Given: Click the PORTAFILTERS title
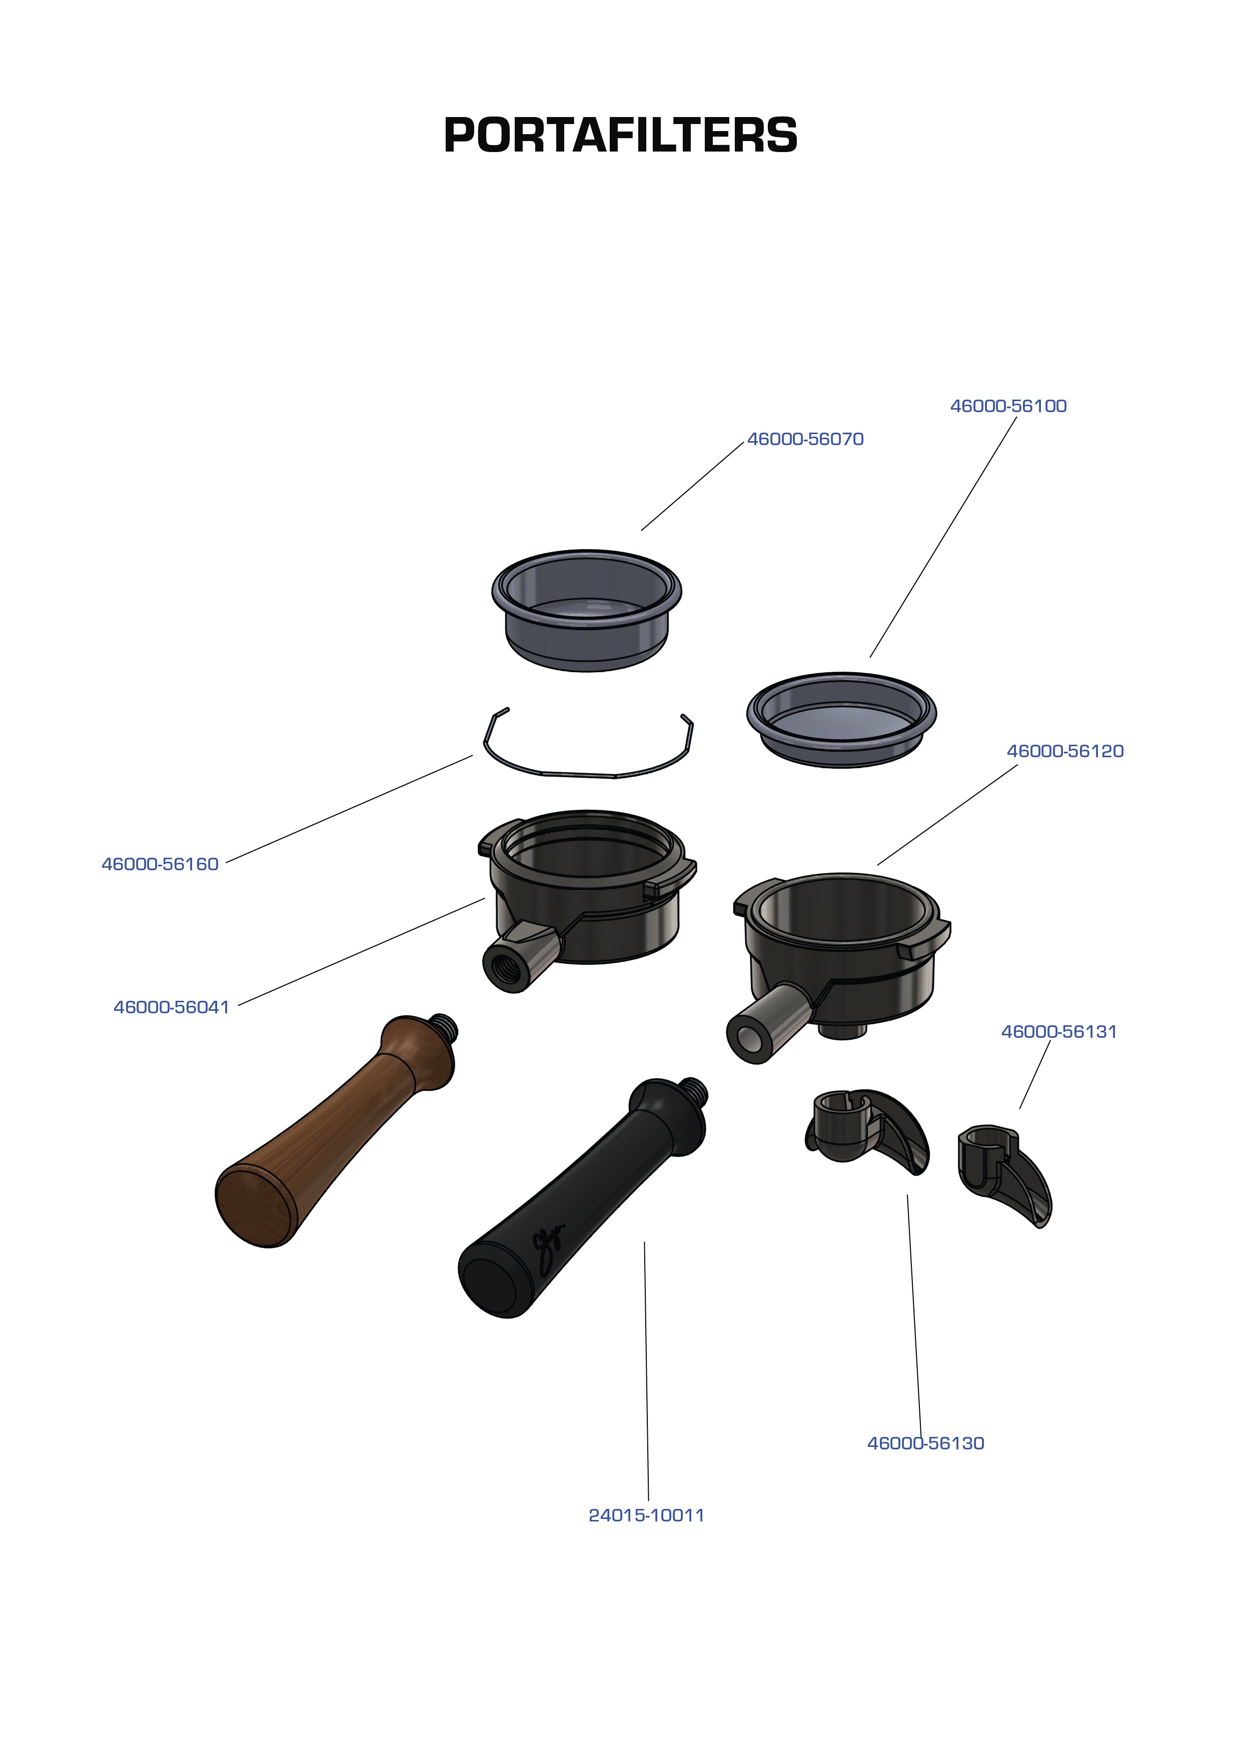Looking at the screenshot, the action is click(x=620, y=136).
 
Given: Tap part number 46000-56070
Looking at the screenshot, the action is click(x=805, y=439).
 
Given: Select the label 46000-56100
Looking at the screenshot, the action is click(x=1008, y=406).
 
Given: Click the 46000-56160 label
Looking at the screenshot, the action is click(x=160, y=864).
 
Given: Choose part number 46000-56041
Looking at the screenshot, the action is click(x=171, y=1007).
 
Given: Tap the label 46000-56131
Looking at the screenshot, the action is click(x=1059, y=1032).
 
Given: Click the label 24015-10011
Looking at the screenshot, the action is click(x=646, y=1515).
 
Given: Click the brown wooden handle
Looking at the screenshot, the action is click(x=329, y=1132).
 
